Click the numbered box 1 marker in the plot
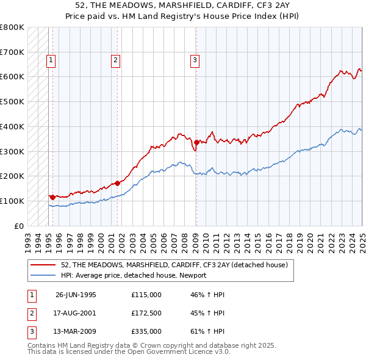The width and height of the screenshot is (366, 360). click(50, 60)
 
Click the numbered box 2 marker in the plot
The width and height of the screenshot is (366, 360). click(115, 60)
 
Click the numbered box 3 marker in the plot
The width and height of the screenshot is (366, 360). click(195, 60)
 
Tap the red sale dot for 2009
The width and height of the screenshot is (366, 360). click(196, 142)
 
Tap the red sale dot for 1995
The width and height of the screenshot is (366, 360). click(52, 197)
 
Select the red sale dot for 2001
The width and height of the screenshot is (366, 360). click(117, 182)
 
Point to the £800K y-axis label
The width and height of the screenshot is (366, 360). click(12, 27)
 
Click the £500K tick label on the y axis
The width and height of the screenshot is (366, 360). click(12, 102)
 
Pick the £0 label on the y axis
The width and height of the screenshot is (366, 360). click(18, 226)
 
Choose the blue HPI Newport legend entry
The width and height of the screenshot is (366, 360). click(134, 275)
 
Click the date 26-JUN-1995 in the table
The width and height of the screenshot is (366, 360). click(76, 295)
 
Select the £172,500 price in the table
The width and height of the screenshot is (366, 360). click(146, 313)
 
